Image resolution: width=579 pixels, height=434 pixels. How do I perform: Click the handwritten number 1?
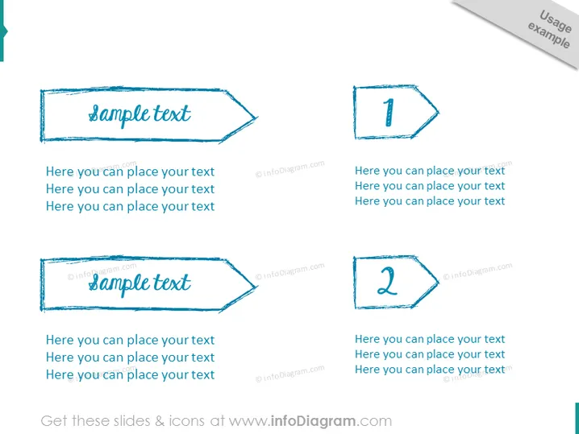[x=389, y=113]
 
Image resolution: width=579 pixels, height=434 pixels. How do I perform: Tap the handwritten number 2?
[x=387, y=281]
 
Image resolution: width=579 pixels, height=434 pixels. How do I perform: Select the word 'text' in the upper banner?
[x=172, y=114]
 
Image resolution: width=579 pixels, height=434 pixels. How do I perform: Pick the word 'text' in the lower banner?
[x=172, y=283]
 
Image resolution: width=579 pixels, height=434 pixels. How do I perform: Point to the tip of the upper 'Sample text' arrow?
[x=256, y=118]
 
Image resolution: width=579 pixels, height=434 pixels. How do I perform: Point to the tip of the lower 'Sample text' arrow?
[x=256, y=287]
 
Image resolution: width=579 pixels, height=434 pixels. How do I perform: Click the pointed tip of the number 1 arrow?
[x=439, y=112]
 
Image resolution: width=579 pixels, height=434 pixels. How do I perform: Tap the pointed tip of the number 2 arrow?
[x=439, y=282]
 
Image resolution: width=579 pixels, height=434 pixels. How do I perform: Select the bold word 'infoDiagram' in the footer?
[x=313, y=421]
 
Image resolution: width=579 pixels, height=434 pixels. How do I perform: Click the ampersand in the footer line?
[x=160, y=421]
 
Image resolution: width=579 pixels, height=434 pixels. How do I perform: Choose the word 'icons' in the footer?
[x=186, y=421]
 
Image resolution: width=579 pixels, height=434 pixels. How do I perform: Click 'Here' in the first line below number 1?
[x=367, y=171]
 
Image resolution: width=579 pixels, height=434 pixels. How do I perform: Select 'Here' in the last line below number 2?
[x=367, y=370]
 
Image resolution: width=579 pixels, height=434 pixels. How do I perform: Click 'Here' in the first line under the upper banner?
[x=60, y=172]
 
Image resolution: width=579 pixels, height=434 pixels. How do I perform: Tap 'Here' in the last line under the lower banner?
[x=60, y=374]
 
